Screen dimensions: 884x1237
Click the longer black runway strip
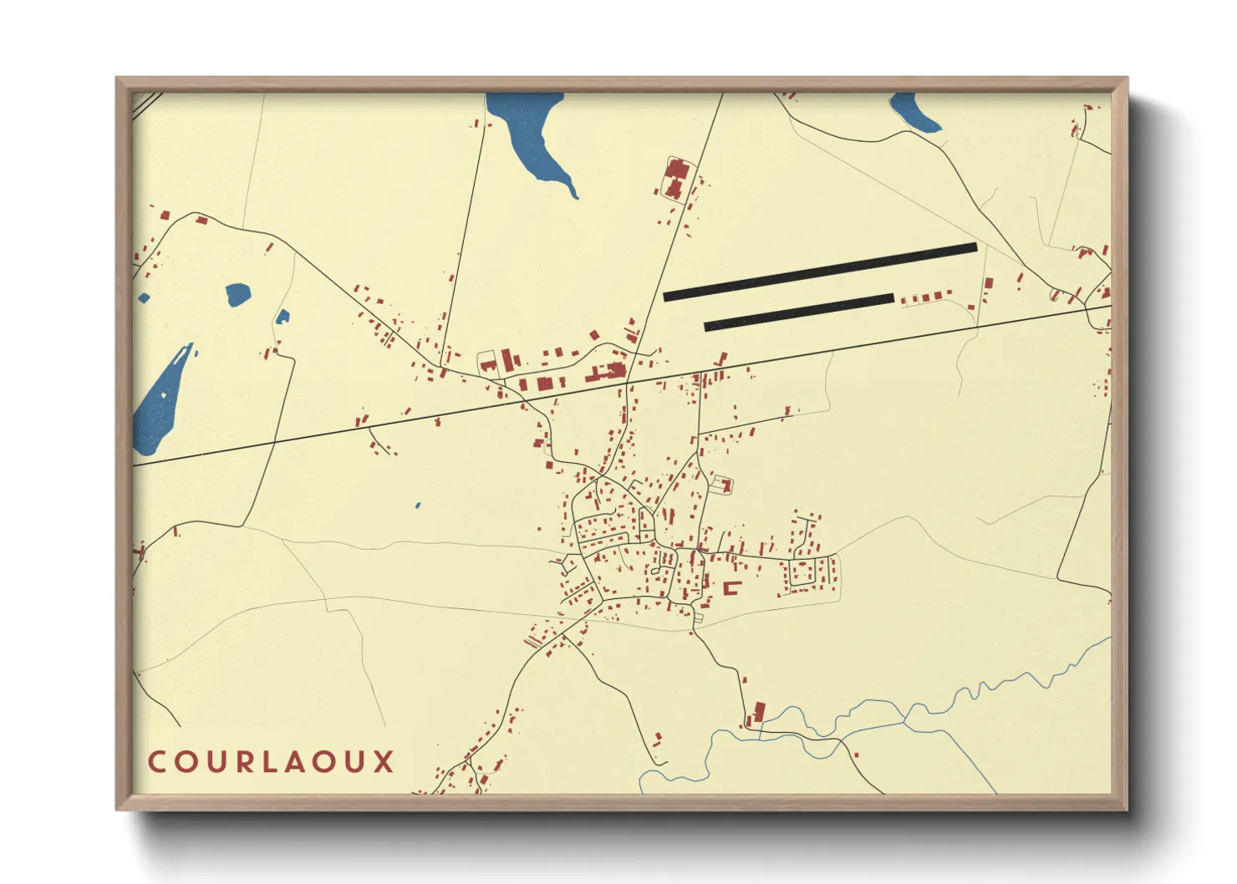click(x=819, y=271)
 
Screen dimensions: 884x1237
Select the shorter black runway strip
click(x=798, y=312)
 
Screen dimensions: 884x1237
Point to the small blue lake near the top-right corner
click(x=913, y=114)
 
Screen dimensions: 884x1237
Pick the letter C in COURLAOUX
click(x=157, y=762)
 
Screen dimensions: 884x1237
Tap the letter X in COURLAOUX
click(x=384, y=762)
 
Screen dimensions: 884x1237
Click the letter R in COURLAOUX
click(x=244, y=762)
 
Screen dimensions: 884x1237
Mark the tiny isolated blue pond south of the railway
click(x=418, y=506)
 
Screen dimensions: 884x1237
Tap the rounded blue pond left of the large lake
click(x=237, y=294)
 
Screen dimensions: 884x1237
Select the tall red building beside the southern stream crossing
click(x=759, y=712)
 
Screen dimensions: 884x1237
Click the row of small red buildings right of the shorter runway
click(x=925, y=297)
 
